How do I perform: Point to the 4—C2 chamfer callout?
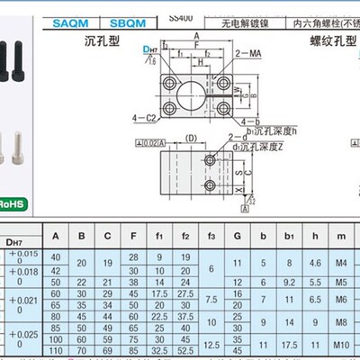144,118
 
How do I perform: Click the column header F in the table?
133,237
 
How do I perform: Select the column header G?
237,237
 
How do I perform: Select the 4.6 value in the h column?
314,263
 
